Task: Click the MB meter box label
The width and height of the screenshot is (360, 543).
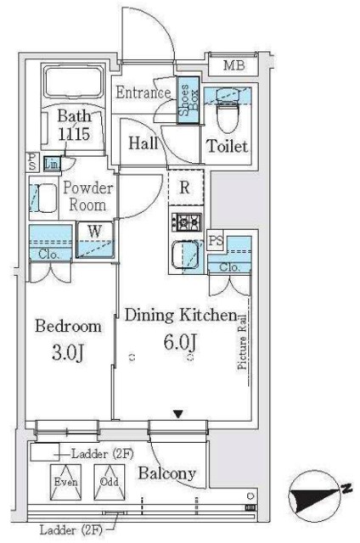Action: coord(233,65)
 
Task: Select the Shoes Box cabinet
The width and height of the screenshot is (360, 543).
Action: coord(188,100)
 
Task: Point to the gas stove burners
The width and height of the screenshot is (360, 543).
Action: coord(186,222)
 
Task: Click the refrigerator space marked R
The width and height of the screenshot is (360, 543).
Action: coord(186,188)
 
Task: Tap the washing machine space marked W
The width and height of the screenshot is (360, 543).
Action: coord(95,239)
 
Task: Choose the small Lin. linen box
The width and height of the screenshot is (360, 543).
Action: coord(52,164)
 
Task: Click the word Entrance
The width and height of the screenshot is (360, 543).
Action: coord(143,92)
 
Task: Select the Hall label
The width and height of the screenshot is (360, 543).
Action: coord(143,143)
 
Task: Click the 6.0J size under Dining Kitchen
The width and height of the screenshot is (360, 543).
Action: coord(180,343)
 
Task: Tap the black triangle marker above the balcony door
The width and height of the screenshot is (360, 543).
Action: coord(178,414)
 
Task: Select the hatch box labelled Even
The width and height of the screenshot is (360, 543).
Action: coord(66,482)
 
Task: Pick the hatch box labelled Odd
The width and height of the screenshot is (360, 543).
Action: coord(110,482)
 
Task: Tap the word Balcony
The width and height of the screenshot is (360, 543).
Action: coord(167,473)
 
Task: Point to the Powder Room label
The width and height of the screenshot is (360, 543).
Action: coord(87,196)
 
